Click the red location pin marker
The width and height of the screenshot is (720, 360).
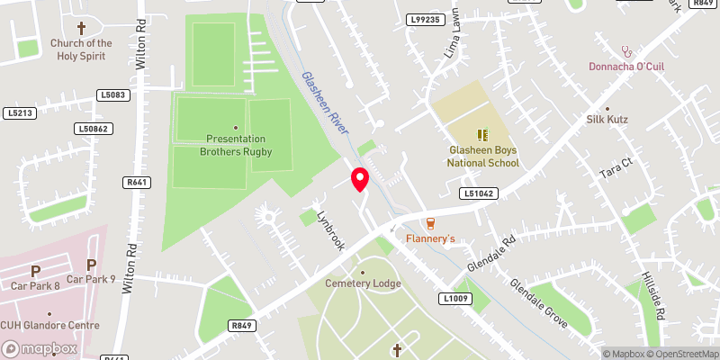(x=360, y=178)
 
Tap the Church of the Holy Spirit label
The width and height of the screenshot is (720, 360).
(x=81, y=49)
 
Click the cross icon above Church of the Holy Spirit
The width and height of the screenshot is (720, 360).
(x=81, y=28)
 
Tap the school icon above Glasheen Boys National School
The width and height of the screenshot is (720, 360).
(x=481, y=135)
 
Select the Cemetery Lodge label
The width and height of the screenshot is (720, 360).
(x=364, y=284)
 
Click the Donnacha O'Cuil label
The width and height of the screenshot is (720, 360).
(x=627, y=66)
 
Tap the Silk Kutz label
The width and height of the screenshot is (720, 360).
(x=631, y=120)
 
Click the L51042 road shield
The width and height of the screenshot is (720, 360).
(x=479, y=193)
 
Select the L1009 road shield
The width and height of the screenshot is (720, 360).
(x=455, y=298)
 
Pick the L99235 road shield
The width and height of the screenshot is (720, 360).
(x=426, y=19)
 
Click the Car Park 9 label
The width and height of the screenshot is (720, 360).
(x=91, y=279)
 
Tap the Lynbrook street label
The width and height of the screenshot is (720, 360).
(x=330, y=229)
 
